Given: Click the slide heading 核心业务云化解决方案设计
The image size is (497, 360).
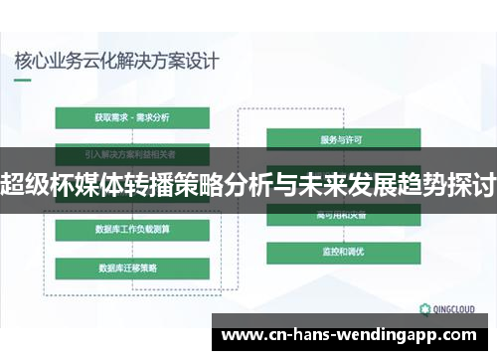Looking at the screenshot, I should (117, 60).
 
